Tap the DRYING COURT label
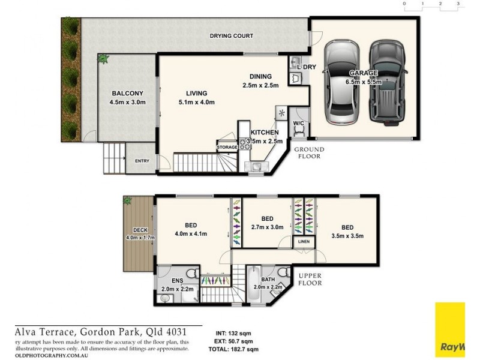tap(231, 36)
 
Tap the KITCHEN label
tap(264, 131)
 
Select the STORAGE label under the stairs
tap(227, 146)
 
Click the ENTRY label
tap(142, 160)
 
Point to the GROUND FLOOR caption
tap(308, 152)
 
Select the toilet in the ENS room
tap(190, 274)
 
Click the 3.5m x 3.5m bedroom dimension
tap(347, 236)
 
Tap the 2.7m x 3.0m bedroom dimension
tap(267, 227)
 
